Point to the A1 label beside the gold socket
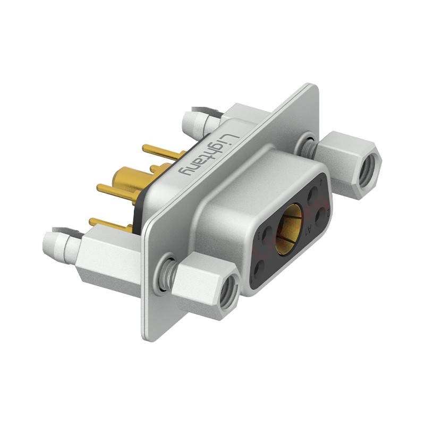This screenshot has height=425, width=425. [x=309, y=230]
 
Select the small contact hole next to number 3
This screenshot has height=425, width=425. [x=266, y=233]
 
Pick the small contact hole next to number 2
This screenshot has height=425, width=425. [x=321, y=215]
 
